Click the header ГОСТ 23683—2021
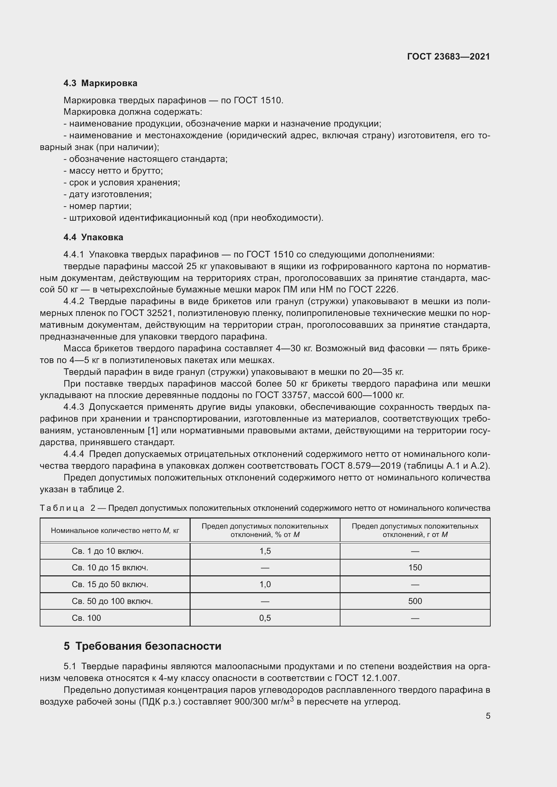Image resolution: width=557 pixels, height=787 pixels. tap(448, 57)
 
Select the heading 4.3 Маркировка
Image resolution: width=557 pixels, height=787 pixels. tap(100, 83)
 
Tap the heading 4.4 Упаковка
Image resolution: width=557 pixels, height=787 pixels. tap(93, 237)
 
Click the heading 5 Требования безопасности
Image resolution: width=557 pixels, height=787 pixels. tap(142, 646)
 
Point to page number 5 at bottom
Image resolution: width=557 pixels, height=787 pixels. tap(488, 716)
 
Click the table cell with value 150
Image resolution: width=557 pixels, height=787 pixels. tap(415, 568)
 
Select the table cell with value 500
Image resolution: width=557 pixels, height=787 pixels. tap(415, 601)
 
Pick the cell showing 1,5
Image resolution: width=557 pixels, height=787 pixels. tap(265, 551)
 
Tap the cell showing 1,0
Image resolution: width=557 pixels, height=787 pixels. tap(265, 584)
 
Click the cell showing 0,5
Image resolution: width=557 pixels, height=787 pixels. tap(265, 618)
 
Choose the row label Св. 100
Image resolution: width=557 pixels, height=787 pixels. tap(87, 618)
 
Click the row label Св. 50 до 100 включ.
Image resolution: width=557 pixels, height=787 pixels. tap(112, 601)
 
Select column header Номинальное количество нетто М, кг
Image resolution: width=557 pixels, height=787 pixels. tap(115, 531)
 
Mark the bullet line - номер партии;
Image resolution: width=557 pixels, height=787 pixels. tap(98, 206)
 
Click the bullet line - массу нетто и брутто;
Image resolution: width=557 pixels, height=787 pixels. tap(113, 171)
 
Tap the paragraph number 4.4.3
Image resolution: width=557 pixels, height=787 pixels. tap(74, 407)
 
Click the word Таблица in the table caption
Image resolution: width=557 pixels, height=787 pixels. tap(62, 508)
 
